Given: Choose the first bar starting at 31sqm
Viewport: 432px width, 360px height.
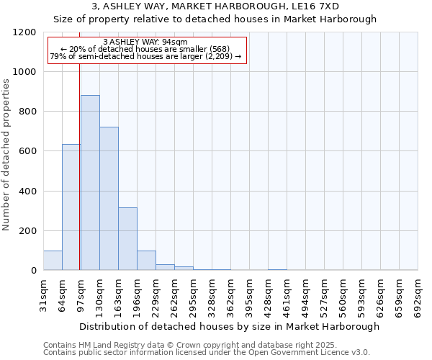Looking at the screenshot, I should (x=53, y=261).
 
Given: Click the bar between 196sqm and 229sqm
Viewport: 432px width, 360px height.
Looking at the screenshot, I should (x=146, y=261).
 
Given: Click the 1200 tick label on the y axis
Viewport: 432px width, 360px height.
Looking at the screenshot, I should (x=24, y=32).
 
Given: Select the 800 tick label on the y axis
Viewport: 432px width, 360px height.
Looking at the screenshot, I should (x=27, y=112).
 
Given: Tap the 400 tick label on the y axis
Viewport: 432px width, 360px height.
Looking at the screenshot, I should (x=27, y=192).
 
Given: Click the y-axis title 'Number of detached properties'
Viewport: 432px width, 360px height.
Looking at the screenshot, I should (x=6, y=154).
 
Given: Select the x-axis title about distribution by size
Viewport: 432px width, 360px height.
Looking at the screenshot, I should (x=229, y=326).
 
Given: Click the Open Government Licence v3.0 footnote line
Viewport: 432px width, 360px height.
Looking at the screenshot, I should (x=207, y=352).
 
